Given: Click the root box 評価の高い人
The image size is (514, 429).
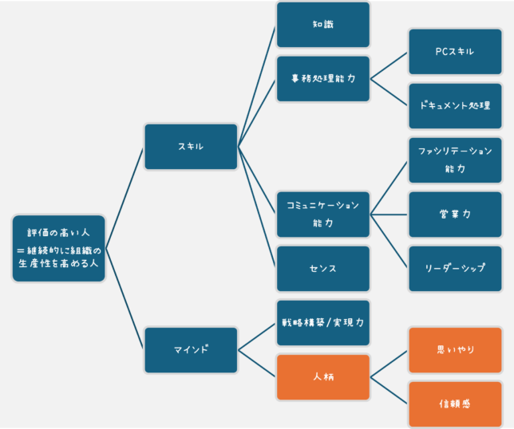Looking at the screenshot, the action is click(x=59, y=248).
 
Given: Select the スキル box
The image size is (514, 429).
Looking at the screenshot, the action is click(x=191, y=147).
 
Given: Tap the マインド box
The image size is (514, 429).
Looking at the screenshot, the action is click(x=191, y=350).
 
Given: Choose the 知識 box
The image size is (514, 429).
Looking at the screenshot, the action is click(x=323, y=25).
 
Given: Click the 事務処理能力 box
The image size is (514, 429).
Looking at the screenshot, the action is click(x=323, y=79).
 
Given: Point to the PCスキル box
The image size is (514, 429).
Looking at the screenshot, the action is click(x=455, y=52).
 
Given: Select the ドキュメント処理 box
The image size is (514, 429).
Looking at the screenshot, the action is click(x=455, y=106).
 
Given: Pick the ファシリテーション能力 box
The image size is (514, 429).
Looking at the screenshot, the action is click(x=455, y=160).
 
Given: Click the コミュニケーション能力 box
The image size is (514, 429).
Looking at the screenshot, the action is click(x=323, y=214).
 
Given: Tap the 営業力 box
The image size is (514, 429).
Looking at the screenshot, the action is click(x=455, y=214).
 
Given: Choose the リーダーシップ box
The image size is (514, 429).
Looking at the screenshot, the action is click(x=455, y=269).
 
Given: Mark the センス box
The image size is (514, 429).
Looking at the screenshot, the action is click(x=323, y=269).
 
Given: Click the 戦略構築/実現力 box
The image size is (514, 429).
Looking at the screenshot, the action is click(x=323, y=323).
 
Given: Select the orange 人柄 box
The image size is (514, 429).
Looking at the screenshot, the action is click(x=323, y=377).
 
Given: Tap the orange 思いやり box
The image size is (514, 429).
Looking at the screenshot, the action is click(x=455, y=350).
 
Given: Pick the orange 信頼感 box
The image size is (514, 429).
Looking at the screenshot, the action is click(x=455, y=404).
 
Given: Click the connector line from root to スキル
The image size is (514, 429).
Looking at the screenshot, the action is click(x=125, y=199).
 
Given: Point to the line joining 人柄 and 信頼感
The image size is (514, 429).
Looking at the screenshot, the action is click(x=389, y=391).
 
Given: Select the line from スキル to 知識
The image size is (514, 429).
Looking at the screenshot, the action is click(x=256, y=87).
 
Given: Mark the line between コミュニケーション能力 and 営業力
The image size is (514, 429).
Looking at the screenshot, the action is click(x=389, y=214).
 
